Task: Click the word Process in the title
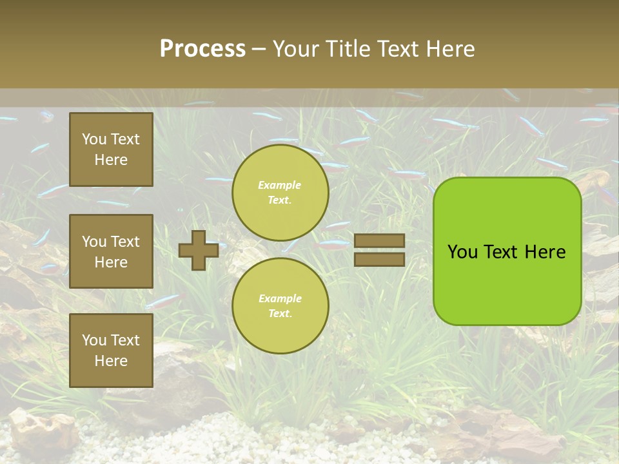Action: pos(202,49)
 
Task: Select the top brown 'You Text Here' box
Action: pos(111,150)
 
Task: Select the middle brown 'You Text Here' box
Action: pos(111,251)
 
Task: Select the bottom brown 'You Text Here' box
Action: pos(111,351)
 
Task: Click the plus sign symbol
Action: pos(199,250)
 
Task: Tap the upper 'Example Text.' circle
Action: pos(280,193)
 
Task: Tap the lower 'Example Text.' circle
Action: pos(280,306)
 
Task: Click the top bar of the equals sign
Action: pos(379,240)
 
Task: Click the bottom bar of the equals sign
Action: pos(379,259)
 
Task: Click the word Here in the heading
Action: pos(449,49)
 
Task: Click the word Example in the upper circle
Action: pos(279,185)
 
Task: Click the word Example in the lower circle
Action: pos(279,298)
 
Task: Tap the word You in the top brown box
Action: pos(94,139)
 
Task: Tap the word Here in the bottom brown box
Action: pos(111,361)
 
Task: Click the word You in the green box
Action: pos(462,252)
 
